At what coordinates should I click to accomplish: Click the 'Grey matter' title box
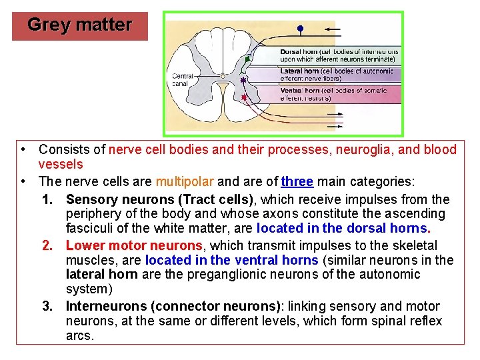pos(80,25)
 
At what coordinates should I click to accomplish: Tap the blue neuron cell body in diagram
pos(300,29)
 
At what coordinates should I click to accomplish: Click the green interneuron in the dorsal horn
pos(247,59)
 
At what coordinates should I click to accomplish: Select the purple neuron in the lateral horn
pos(243,80)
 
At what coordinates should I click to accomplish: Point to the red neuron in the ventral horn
pos(244,97)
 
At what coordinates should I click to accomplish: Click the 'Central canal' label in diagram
pos(182,80)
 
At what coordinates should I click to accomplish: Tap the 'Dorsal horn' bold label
pos(299,51)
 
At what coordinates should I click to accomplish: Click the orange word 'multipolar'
pos(184,181)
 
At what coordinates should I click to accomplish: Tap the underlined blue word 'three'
pos(297,181)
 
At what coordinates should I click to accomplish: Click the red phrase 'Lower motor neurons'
pos(134,245)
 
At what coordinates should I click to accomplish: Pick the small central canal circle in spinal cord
pos(222,75)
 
